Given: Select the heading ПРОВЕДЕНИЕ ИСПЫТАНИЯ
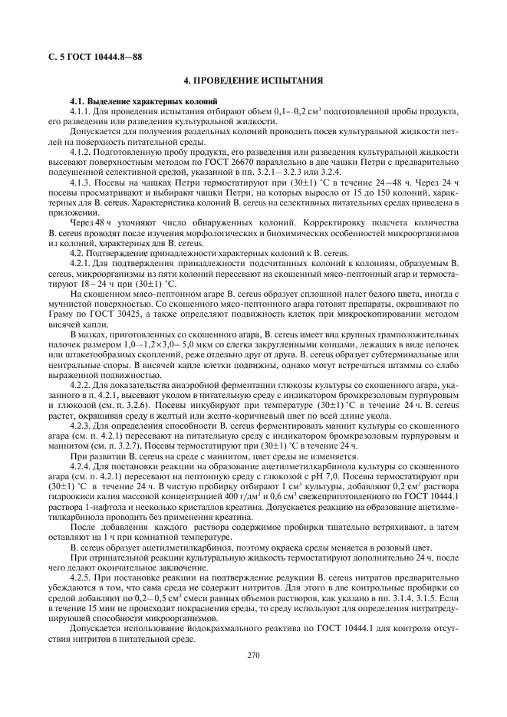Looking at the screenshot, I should [x=253, y=81].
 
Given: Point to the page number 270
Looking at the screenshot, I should [x=253, y=653].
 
